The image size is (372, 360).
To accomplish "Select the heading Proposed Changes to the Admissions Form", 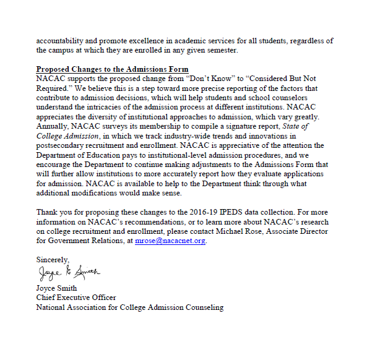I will [113, 69].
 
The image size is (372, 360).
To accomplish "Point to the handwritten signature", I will [67, 272].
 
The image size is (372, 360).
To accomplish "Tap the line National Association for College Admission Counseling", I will [129, 307].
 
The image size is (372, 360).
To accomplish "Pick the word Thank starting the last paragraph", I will [47, 212].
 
